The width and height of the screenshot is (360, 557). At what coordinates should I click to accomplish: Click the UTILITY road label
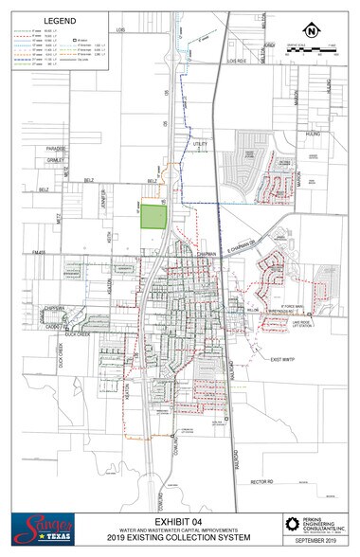[x=200, y=143]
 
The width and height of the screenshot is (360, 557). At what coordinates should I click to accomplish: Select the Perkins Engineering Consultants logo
[x=307, y=526]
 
